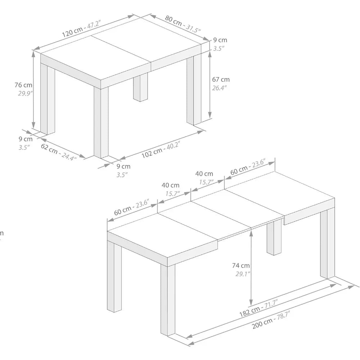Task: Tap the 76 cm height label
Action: coord(23,85)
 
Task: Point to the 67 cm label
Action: coord(221,80)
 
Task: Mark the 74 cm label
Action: coord(241,266)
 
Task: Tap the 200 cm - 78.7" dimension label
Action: coord(271,321)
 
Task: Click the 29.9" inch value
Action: coord(26,93)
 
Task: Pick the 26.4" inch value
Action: coord(219,88)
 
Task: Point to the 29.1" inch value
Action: coord(241,274)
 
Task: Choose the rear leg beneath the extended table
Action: coord(274,238)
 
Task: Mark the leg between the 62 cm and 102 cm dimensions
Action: coord(101,122)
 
